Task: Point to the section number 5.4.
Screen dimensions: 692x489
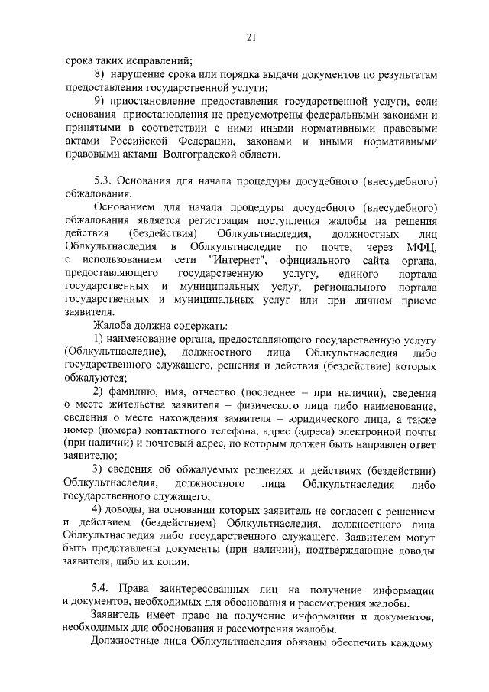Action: tap(100, 592)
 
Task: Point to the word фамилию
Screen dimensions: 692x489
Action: tap(138, 391)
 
